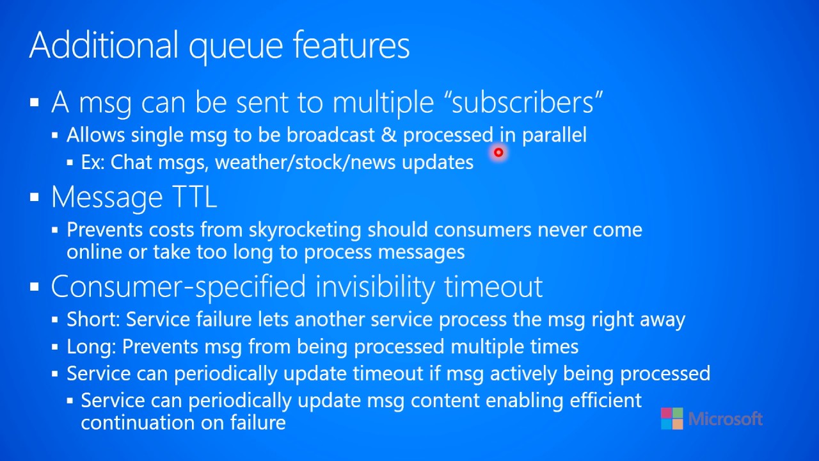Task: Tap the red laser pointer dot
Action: (498, 152)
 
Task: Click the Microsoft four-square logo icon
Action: (672, 419)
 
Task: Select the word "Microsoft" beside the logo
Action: (726, 419)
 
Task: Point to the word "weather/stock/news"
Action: (305, 162)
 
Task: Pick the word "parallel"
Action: (554, 135)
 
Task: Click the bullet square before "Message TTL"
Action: (35, 198)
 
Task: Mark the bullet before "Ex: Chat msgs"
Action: (70, 163)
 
